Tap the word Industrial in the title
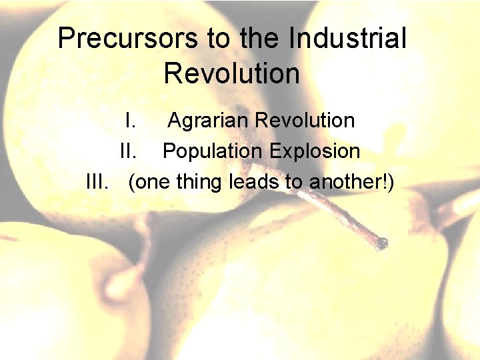(x=347, y=39)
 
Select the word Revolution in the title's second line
(x=231, y=73)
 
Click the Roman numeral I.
(x=131, y=121)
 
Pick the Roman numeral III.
(x=98, y=181)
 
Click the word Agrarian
(x=209, y=121)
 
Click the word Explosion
(x=315, y=151)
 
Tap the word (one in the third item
(x=149, y=181)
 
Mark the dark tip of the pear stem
(x=380, y=243)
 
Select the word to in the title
(x=219, y=39)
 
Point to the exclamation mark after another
(x=385, y=181)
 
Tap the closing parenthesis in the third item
(x=391, y=181)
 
